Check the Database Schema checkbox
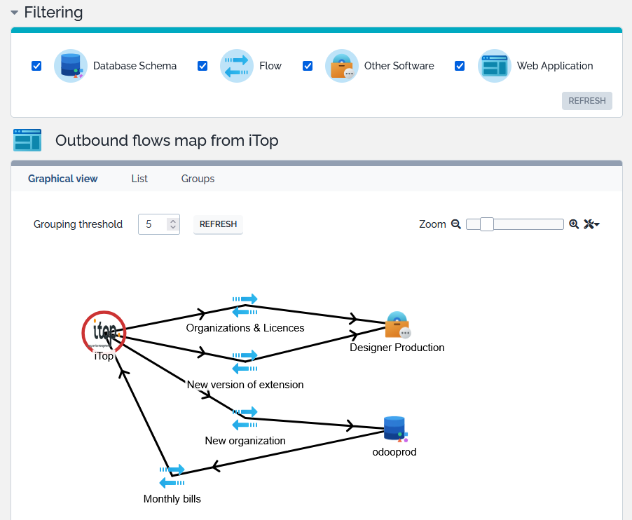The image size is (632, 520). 36,66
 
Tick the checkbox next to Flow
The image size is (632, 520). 202,66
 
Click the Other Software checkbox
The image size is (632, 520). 308,66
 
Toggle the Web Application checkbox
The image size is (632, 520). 460,66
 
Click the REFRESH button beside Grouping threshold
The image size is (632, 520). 218,224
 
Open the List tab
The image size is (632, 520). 139,179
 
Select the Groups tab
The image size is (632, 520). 198,179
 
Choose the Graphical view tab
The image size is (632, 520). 62,179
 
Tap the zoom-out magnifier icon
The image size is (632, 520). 456,224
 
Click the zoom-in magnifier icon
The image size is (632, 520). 574,224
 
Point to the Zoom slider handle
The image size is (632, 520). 487,224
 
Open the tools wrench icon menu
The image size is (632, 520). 591,224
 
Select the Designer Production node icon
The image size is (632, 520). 398,324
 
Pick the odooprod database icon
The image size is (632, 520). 395,429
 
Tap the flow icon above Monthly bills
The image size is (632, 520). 172,476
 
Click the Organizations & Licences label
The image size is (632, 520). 245,328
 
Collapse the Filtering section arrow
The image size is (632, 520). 15,13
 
